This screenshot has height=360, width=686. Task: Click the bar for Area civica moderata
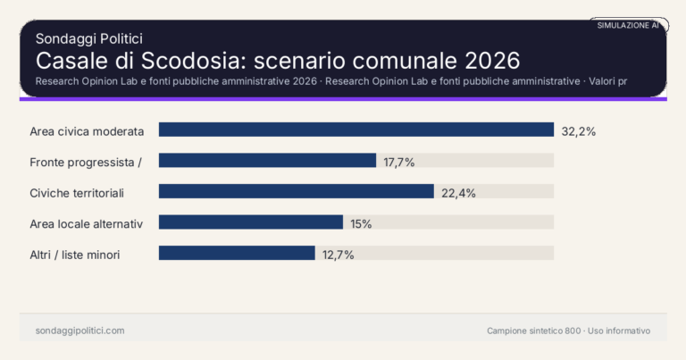[356, 130]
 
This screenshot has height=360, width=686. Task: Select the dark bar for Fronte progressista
[267, 161]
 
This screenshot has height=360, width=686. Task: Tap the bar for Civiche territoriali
[296, 191]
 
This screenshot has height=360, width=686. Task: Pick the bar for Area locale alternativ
[251, 222]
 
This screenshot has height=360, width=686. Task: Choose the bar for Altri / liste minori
[237, 253]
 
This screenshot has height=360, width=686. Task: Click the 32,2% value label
[578, 130]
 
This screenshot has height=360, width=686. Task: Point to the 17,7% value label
[399, 162]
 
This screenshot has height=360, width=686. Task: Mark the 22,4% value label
[458, 192]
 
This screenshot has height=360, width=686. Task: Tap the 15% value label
[361, 223]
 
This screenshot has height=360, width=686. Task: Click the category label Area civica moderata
[87, 130]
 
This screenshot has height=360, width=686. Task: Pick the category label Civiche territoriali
[76, 192]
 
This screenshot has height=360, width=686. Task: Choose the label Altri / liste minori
[75, 254]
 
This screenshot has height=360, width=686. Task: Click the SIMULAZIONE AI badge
[628, 26]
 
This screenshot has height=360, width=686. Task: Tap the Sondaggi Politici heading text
[89, 38]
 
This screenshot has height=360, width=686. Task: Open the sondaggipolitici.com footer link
[79, 331]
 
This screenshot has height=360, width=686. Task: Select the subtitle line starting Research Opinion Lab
[330, 81]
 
